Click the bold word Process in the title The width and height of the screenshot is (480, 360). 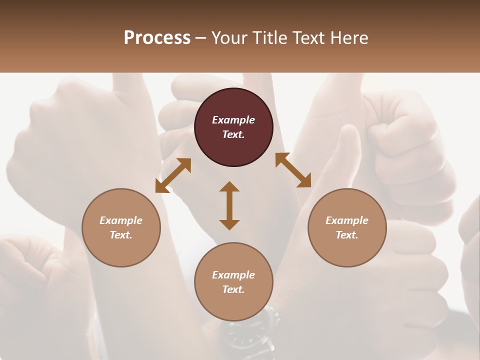[157, 38]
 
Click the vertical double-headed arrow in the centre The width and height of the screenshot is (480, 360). [229, 205]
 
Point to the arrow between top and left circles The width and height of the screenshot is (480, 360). [173, 175]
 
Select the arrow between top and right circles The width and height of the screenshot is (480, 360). [293, 170]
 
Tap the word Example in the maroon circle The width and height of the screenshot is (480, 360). [233, 120]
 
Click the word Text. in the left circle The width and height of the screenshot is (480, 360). [121, 235]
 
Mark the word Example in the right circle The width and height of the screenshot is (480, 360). [347, 220]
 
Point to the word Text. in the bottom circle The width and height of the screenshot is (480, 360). [233, 289]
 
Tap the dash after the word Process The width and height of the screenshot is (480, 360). [201, 38]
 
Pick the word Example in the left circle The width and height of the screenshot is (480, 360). [121, 220]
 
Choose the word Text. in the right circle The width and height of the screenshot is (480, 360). [347, 235]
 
